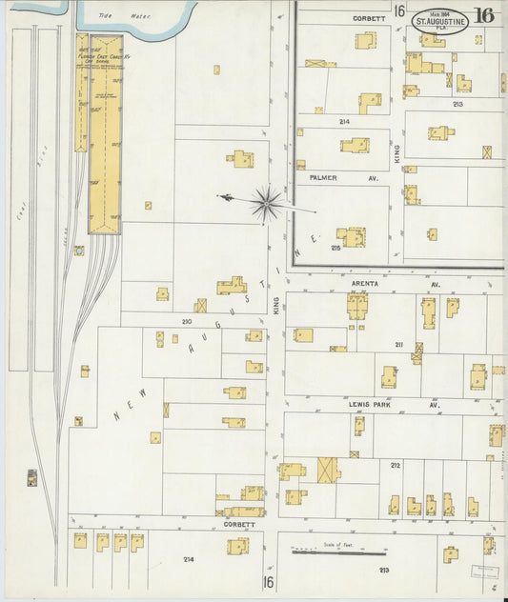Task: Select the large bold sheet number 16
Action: (483, 14)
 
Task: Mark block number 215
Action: (335, 248)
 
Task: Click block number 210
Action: (188, 321)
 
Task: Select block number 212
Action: (394, 465)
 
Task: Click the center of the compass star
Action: (266, 201)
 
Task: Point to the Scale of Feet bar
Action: (338, 551)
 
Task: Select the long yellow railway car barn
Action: (105, 133)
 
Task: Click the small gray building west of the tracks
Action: (33, 475)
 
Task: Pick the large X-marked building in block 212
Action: (328, 470)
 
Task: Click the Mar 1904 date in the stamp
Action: (438, 13)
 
